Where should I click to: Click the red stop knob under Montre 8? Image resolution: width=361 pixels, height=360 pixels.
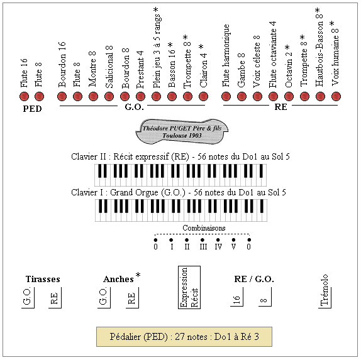[x=93, y=96]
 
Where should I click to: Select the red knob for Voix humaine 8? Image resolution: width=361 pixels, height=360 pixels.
[x=336, y=96]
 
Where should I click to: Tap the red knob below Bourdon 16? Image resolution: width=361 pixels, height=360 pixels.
[x=62, y=96]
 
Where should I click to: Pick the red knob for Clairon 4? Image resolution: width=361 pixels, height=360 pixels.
[x=203, y=96]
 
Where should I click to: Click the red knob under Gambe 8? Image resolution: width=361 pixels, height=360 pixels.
[x=242, y=96]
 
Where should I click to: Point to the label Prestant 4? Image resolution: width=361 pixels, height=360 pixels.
[x=140, y=70]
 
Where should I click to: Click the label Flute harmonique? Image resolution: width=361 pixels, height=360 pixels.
[x=226, y=56]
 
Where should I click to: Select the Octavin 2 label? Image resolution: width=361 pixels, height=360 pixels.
[x=289, y=66]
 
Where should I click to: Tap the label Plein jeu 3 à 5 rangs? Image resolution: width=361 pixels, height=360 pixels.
[x=157, y=48]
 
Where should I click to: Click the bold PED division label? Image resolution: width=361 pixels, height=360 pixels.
[x=32, y=109]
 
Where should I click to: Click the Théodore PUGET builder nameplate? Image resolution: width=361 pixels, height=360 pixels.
[x=182, y=131]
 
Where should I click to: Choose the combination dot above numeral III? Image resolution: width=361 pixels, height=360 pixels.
[x=203, y=240]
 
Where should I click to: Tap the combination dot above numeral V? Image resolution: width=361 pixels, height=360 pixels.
[x=233, y=240]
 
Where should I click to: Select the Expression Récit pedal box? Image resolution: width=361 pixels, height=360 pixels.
[x=189, y=287]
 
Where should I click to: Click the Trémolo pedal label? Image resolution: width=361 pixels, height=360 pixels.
[x=325, y=290]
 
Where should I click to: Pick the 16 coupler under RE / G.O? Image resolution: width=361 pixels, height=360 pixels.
[x=236, y=297]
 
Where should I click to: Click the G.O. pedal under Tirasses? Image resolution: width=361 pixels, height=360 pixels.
[x=28, y=297]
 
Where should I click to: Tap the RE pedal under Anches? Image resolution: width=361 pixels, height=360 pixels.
[x=132, y=297]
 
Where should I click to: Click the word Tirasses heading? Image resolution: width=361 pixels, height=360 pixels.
[x=43, y=279]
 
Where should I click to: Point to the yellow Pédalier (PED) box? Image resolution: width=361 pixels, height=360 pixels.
[x=184, y=337]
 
